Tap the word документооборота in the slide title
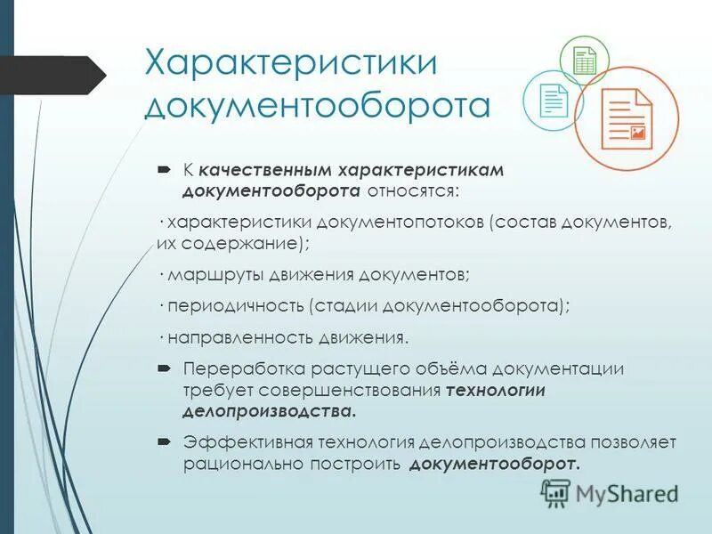(x=317, y=104)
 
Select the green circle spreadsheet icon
(x=584, y=61)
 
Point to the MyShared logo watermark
(x=610, y=492)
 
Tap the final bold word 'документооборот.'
(x=495, y=464)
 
